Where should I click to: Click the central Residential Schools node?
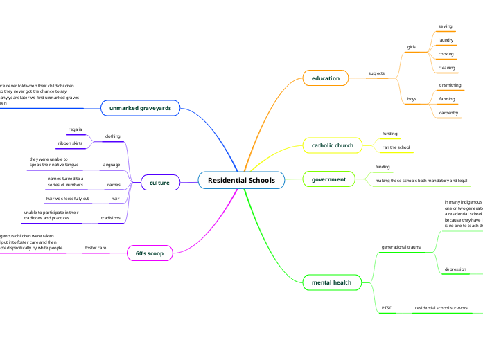241,181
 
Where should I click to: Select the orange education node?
325,78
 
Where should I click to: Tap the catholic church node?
332,145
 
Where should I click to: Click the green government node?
328,179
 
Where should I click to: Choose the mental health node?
331,282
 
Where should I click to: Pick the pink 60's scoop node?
150,253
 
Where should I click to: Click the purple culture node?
159,183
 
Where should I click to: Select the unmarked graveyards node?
141,109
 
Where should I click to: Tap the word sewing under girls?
446,26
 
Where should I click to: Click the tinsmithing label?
450,85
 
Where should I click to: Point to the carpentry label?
448,112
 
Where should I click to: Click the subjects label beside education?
376,73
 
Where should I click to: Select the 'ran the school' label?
396,147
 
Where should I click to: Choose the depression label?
455,269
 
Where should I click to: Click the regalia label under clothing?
76,129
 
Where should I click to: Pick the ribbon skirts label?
71,143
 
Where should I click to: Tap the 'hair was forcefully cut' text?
67,199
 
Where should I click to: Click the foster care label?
96,247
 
